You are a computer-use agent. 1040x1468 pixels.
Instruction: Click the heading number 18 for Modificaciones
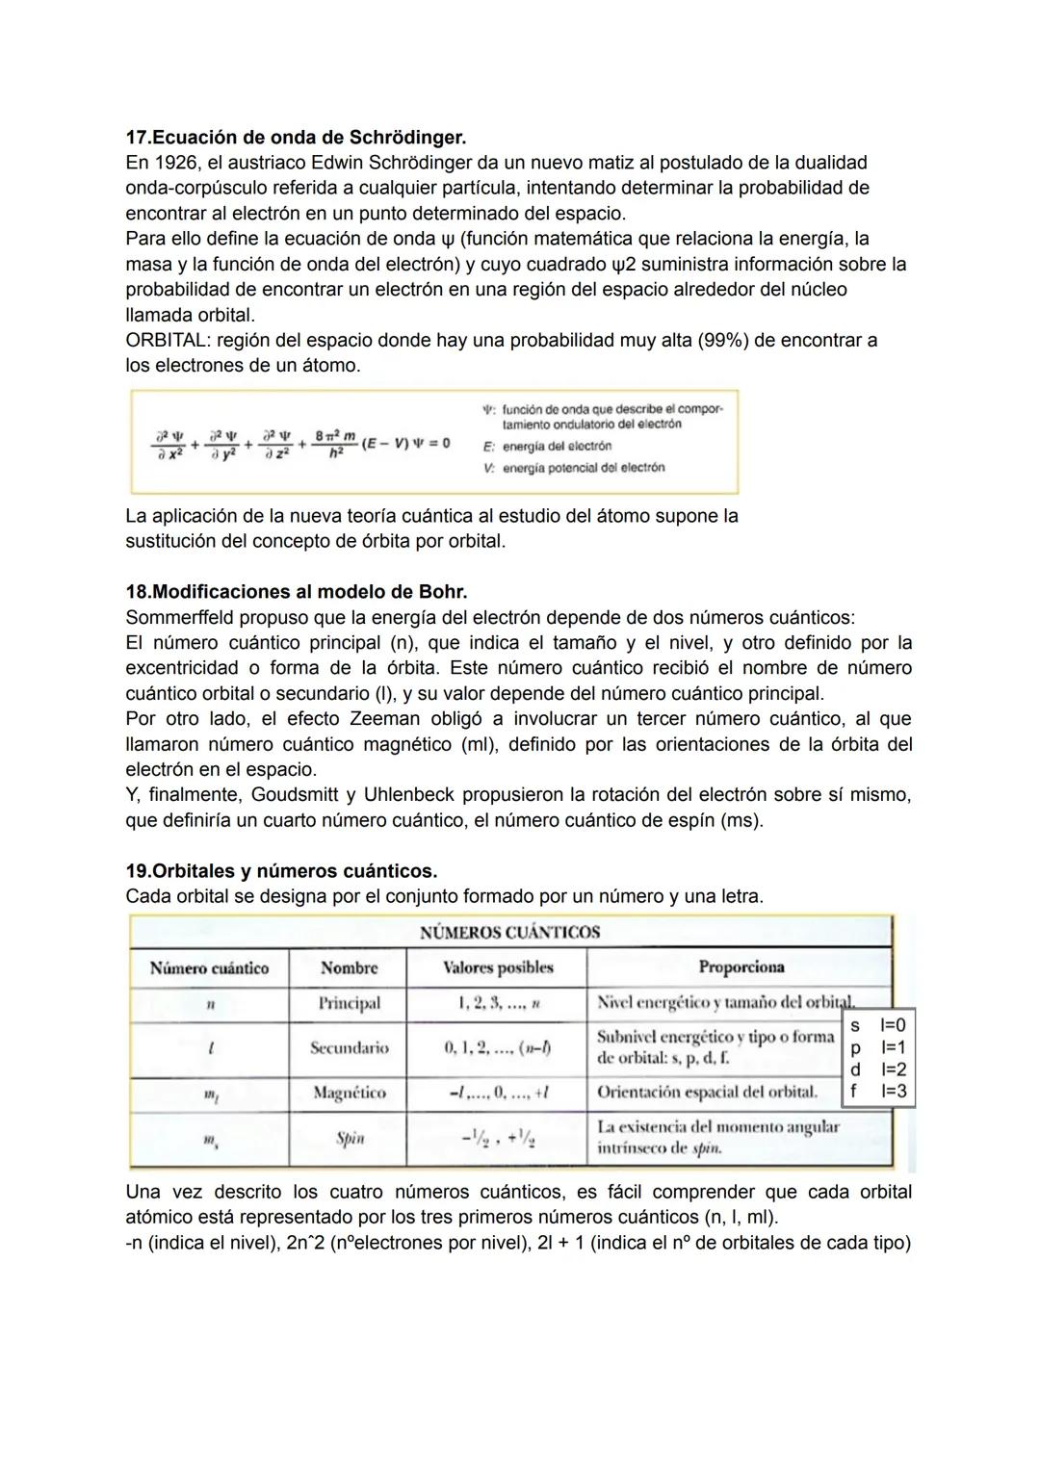pyautogui.click(x=137, y=591)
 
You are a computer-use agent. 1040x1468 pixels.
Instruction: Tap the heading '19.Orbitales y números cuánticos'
pyautogui.click(x=281, y=871)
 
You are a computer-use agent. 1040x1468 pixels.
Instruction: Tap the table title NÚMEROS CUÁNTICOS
pyautogui.click(x=509, y=932)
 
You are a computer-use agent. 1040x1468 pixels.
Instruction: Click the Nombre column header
pyautogui.click(x=349, y=968)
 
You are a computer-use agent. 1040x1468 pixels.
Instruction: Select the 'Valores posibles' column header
pyautogui.click(x=497, y=967)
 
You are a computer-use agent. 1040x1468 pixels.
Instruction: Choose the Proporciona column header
pyautogui.click(x=741, y=967)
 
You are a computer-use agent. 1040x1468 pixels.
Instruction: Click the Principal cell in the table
pyautogui.click(x=349, y=1003)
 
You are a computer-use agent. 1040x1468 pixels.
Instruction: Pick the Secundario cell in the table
pyautogui.click(x=349, y=1048)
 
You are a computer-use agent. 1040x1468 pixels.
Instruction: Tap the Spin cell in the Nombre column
pyautogui.click(x=350, y=1139)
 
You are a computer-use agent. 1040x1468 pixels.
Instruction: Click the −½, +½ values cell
pyautogui.click(x=497, y=1139)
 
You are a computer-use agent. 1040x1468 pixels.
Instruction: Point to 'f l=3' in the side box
pyautogui.click(x=877, y=1091)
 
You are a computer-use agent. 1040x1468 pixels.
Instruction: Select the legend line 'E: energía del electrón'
pyautogui.click(x=549, y=447)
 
